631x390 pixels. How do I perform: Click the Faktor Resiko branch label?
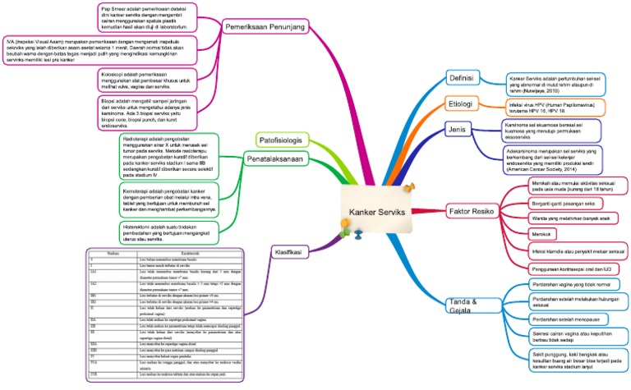(x=472, y=211)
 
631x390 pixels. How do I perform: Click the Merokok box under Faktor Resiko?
(x=523, y=235)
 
